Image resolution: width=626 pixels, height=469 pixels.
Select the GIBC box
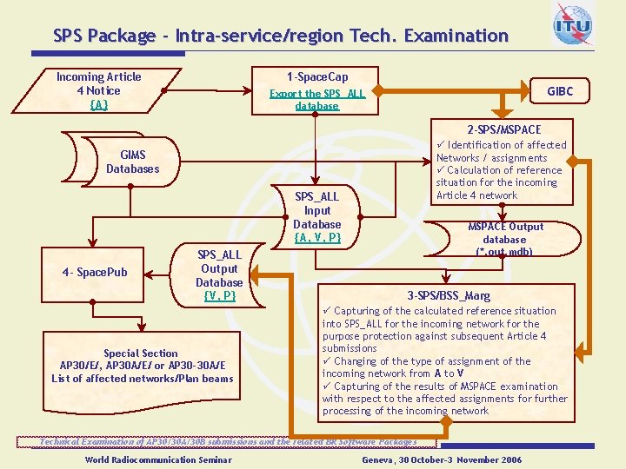click(559, 91)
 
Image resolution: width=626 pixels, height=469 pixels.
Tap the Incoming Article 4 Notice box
click(98, 90)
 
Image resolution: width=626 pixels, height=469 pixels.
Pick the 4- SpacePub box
click(95, 273)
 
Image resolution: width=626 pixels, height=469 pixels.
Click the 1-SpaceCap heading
click(316, 76)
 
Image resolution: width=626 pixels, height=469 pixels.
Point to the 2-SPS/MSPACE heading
click(503, 129)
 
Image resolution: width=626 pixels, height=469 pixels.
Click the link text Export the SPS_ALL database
click(316, 100)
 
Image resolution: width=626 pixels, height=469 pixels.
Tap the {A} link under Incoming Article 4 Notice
click(98, 104)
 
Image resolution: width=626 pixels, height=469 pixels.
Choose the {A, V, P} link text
click(317, 237)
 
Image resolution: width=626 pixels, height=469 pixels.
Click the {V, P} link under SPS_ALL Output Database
click(219, 295)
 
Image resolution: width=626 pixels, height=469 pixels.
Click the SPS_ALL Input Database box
click(317, 215)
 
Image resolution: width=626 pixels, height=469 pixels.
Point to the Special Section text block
click(142, 366)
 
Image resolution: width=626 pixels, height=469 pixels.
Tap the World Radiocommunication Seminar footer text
click(158, 459)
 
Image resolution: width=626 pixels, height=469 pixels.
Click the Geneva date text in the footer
click(442, 459)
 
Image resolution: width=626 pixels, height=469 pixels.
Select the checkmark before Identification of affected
click(441, 145)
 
